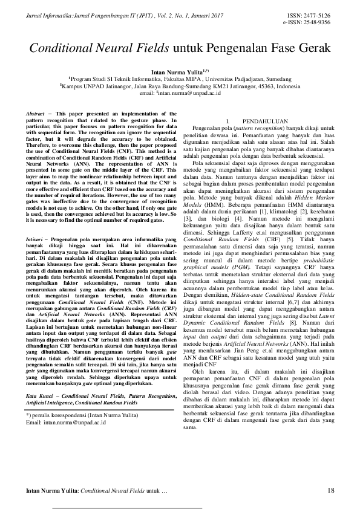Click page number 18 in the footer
coord(330,490)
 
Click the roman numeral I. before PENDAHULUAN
coord(227,122)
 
